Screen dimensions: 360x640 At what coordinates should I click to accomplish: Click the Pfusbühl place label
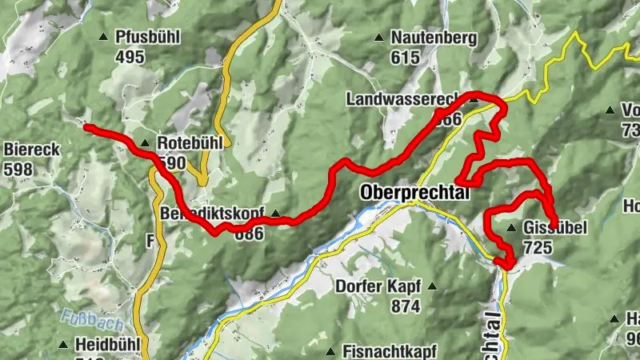pos(148,37)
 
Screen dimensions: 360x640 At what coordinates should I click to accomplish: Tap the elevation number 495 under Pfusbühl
pos(130,56)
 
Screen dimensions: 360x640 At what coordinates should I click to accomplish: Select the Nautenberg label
pos(434,37)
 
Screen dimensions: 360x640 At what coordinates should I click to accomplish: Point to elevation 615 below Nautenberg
pos(406,57)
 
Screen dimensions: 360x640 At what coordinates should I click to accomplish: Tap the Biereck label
pos(29,149)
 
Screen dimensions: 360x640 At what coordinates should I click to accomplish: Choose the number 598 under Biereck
pos(18,169)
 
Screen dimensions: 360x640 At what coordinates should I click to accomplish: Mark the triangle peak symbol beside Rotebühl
pos(145,144)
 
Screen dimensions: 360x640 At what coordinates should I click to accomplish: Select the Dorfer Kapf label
pos(377,286)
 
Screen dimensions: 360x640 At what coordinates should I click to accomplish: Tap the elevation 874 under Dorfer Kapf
pos(406,306)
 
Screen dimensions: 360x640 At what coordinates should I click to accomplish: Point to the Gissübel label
pos(555,229)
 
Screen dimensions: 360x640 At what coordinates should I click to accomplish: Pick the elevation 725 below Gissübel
pos(538,248)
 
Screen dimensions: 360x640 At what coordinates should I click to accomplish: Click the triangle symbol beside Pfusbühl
pos(103,37)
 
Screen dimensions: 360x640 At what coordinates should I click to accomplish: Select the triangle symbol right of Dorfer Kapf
pos(433,286)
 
